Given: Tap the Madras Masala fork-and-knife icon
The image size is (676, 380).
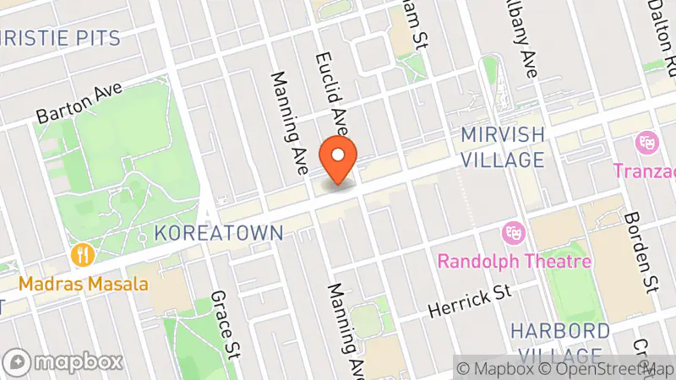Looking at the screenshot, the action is tap(82, 253).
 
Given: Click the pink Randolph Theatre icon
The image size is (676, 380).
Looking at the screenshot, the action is tap(511, 230).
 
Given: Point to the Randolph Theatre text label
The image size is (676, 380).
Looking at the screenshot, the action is tap(514, 260).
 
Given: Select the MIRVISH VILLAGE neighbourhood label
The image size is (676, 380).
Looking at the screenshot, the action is tap(503, 147).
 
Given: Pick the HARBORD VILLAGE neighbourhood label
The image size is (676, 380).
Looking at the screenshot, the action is tap(560, 342).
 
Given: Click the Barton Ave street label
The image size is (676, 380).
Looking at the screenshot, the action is tap(80, 104).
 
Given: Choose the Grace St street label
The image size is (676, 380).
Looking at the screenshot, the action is tap(224, 323).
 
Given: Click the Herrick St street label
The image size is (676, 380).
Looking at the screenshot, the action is tap(470, 301).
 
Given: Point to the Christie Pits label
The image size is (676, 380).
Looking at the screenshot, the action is tap(59, 37).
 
